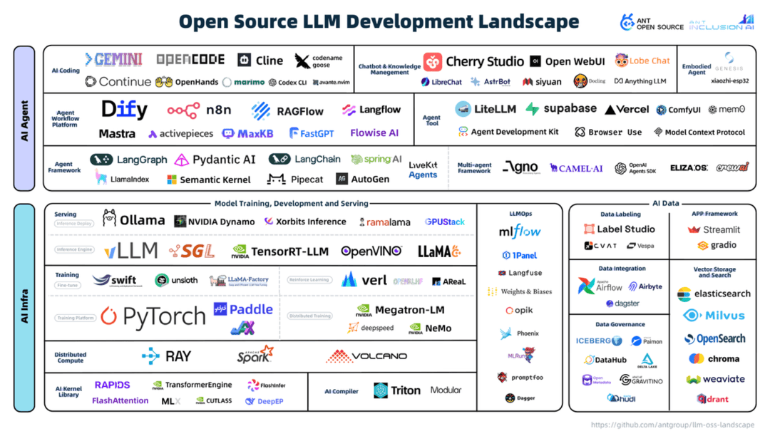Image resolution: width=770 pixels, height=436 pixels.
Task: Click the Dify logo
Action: [x=124, y=109]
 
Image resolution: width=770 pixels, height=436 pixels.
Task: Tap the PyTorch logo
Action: [x=153, y=316]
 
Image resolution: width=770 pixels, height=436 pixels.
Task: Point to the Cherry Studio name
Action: [x=484, y=61]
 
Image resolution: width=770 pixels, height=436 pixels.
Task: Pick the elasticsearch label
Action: [x=722, y=294]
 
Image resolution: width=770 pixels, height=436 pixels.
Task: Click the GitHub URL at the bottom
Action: [x=672, y=425]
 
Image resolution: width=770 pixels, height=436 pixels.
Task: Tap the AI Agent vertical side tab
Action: [x=24, y=118]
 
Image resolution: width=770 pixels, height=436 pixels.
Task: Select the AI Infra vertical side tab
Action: [x=24, y=306]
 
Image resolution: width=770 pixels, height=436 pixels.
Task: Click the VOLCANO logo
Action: [x=366, y=356]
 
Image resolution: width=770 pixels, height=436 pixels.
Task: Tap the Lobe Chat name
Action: [x=649, y=61]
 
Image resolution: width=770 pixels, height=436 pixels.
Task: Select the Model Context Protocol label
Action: [x=704, y=132]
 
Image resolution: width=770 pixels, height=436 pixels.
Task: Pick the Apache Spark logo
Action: [x=255, y=355]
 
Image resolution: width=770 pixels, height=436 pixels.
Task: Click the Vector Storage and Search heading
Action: [x=714, y=272]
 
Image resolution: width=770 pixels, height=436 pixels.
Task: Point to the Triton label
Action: [x=405, y=390]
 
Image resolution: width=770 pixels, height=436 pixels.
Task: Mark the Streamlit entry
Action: [x=721, y=229]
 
